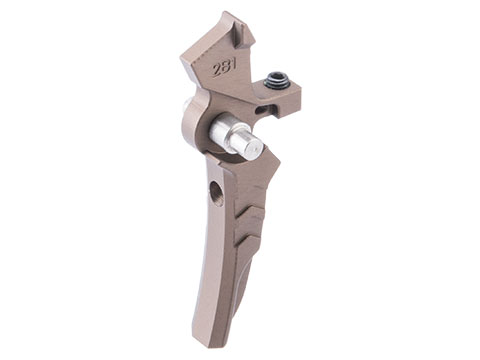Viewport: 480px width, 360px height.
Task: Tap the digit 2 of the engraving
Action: click(217, 70)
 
